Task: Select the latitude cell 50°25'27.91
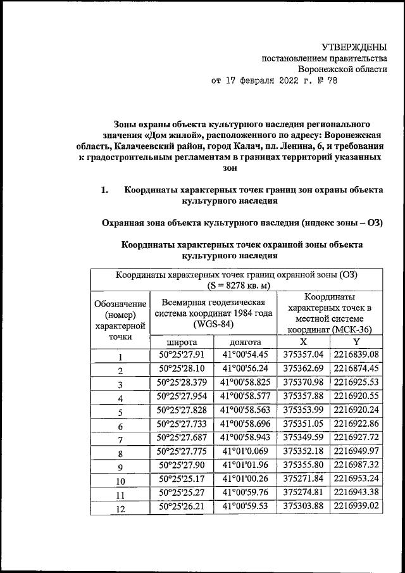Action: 180,355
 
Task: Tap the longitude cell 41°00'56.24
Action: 246,368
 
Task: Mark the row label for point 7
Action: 120,439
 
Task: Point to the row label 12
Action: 120,508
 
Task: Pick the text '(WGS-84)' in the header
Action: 213,324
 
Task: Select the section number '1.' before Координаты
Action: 106,189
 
